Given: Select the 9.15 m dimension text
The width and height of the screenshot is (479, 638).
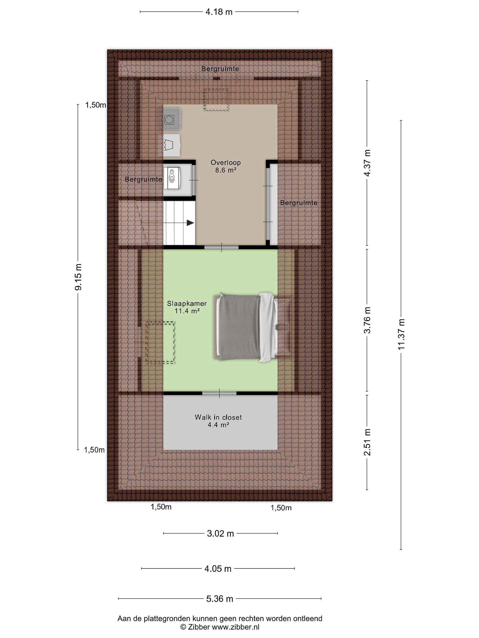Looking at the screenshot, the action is tap(78, 277).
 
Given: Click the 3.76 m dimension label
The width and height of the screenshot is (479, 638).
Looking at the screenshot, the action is tap(367, 320).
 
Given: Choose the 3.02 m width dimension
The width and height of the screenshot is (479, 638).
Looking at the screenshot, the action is tap(220, 533).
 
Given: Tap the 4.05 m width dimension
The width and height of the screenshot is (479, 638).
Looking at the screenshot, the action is tap(218, 568).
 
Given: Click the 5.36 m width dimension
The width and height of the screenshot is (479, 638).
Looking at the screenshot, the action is tap(220, 599).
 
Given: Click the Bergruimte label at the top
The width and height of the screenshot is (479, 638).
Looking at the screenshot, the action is tap(220, 69).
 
